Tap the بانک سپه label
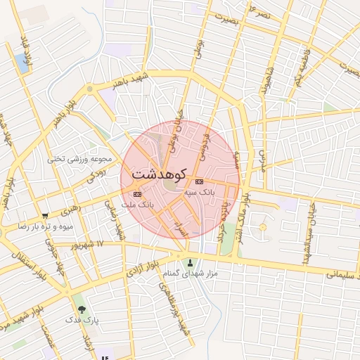tap(200, 191)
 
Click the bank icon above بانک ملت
tap(136, 195)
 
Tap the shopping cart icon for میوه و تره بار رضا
tap(45, 216)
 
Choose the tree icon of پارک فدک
tap(82, 309)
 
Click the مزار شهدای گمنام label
tap(191, 274)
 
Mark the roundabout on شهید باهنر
tap(89, 89)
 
